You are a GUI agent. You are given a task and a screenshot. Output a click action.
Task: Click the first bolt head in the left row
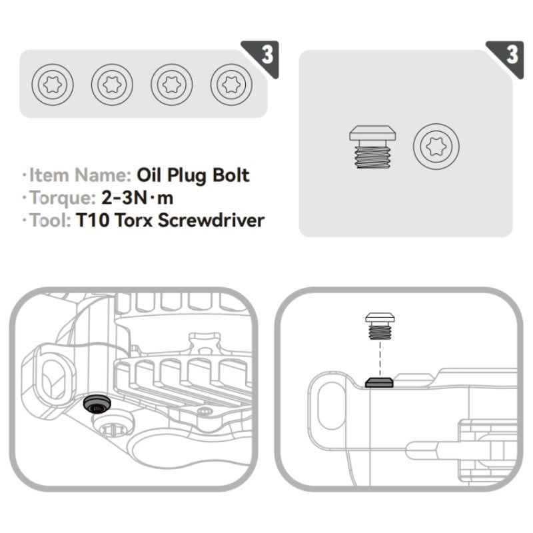pos(53,85)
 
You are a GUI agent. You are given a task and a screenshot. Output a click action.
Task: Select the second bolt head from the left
pos(112,85)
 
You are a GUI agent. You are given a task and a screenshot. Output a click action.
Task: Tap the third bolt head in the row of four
pos(171,85)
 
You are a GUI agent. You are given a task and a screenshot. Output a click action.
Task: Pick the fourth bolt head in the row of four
pos(231,85)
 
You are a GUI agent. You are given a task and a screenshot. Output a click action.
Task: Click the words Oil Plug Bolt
pos(193,175)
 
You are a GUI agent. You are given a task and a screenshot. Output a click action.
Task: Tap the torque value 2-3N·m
pos(133,197)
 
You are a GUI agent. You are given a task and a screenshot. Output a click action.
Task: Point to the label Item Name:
pos(79,175)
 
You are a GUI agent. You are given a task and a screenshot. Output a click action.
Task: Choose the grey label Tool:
pos(48,220)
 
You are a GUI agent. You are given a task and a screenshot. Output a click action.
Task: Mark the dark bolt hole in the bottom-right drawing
pos(379,382)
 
